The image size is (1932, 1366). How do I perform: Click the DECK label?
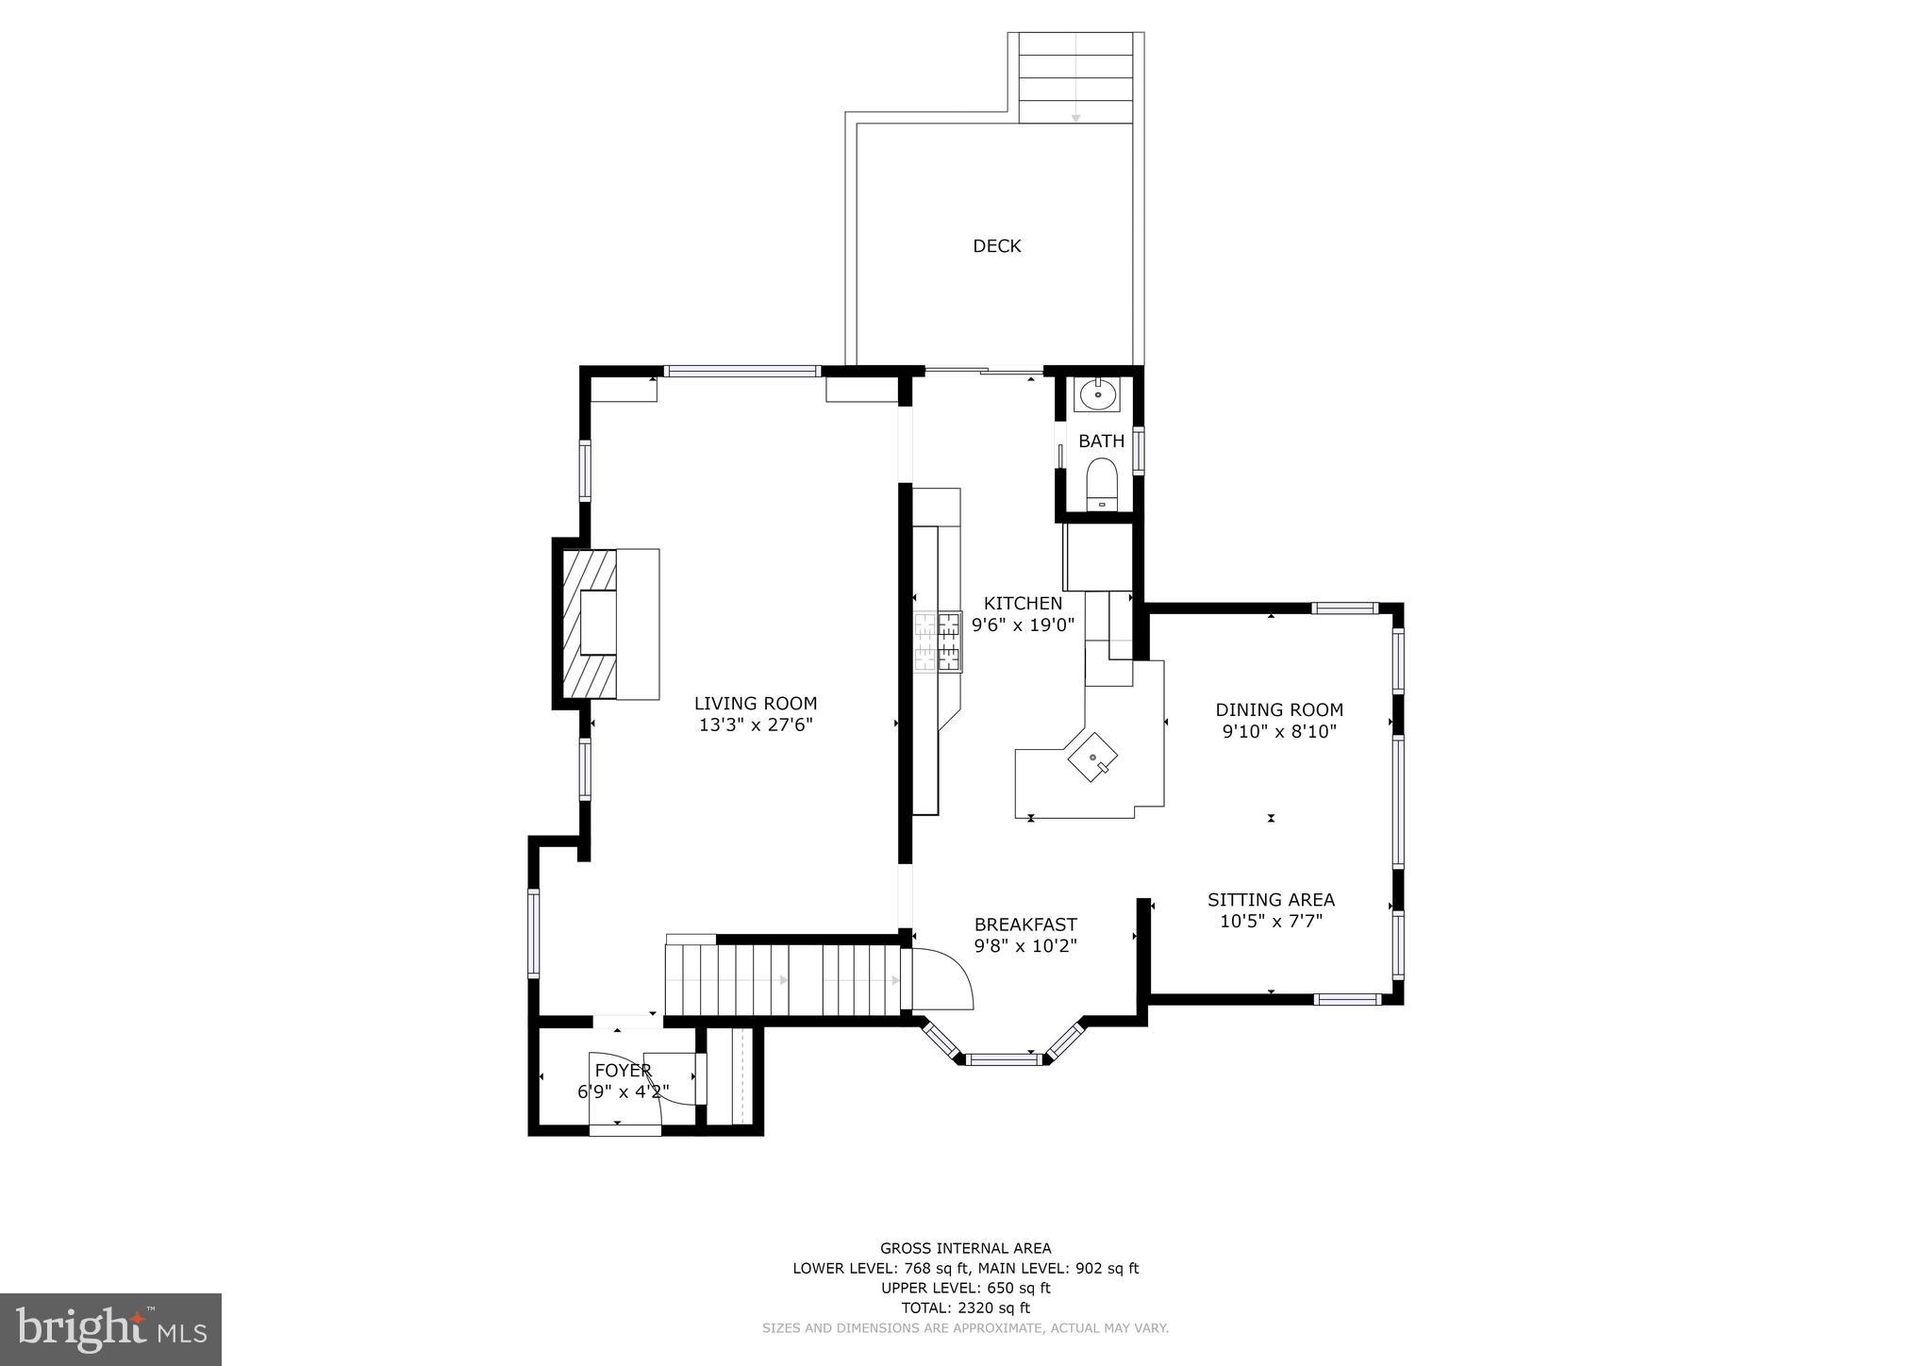point(996,246)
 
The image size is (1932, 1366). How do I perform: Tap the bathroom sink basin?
point(1097,394)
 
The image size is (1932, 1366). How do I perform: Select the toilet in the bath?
point(1101,483)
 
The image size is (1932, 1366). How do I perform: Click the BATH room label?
point(1101,441)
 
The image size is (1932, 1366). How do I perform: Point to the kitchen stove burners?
point(938,641)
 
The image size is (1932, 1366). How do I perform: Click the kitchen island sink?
point(1092,756)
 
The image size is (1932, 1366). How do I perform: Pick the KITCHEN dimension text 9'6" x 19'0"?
point(1023,625)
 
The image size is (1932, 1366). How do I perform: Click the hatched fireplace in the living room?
point(590,624)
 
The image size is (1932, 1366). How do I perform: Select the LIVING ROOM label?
point(755,703)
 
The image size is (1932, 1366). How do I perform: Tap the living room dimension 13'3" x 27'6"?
point(755,725)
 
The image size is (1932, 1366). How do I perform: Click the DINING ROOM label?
point(1278,709)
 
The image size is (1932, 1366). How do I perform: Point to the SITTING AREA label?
point(1271,899)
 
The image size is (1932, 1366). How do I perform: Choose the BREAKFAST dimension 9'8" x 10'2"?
point(1024,945)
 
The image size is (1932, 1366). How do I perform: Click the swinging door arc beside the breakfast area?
point(943,979)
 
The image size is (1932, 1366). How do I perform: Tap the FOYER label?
point(623,1070)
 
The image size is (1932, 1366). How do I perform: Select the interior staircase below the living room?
point(783,980)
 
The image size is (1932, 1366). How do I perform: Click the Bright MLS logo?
point(110,1329)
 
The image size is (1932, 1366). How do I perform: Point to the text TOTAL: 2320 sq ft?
point(965,1308)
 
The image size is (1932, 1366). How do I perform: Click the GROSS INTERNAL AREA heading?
point(965,1248)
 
